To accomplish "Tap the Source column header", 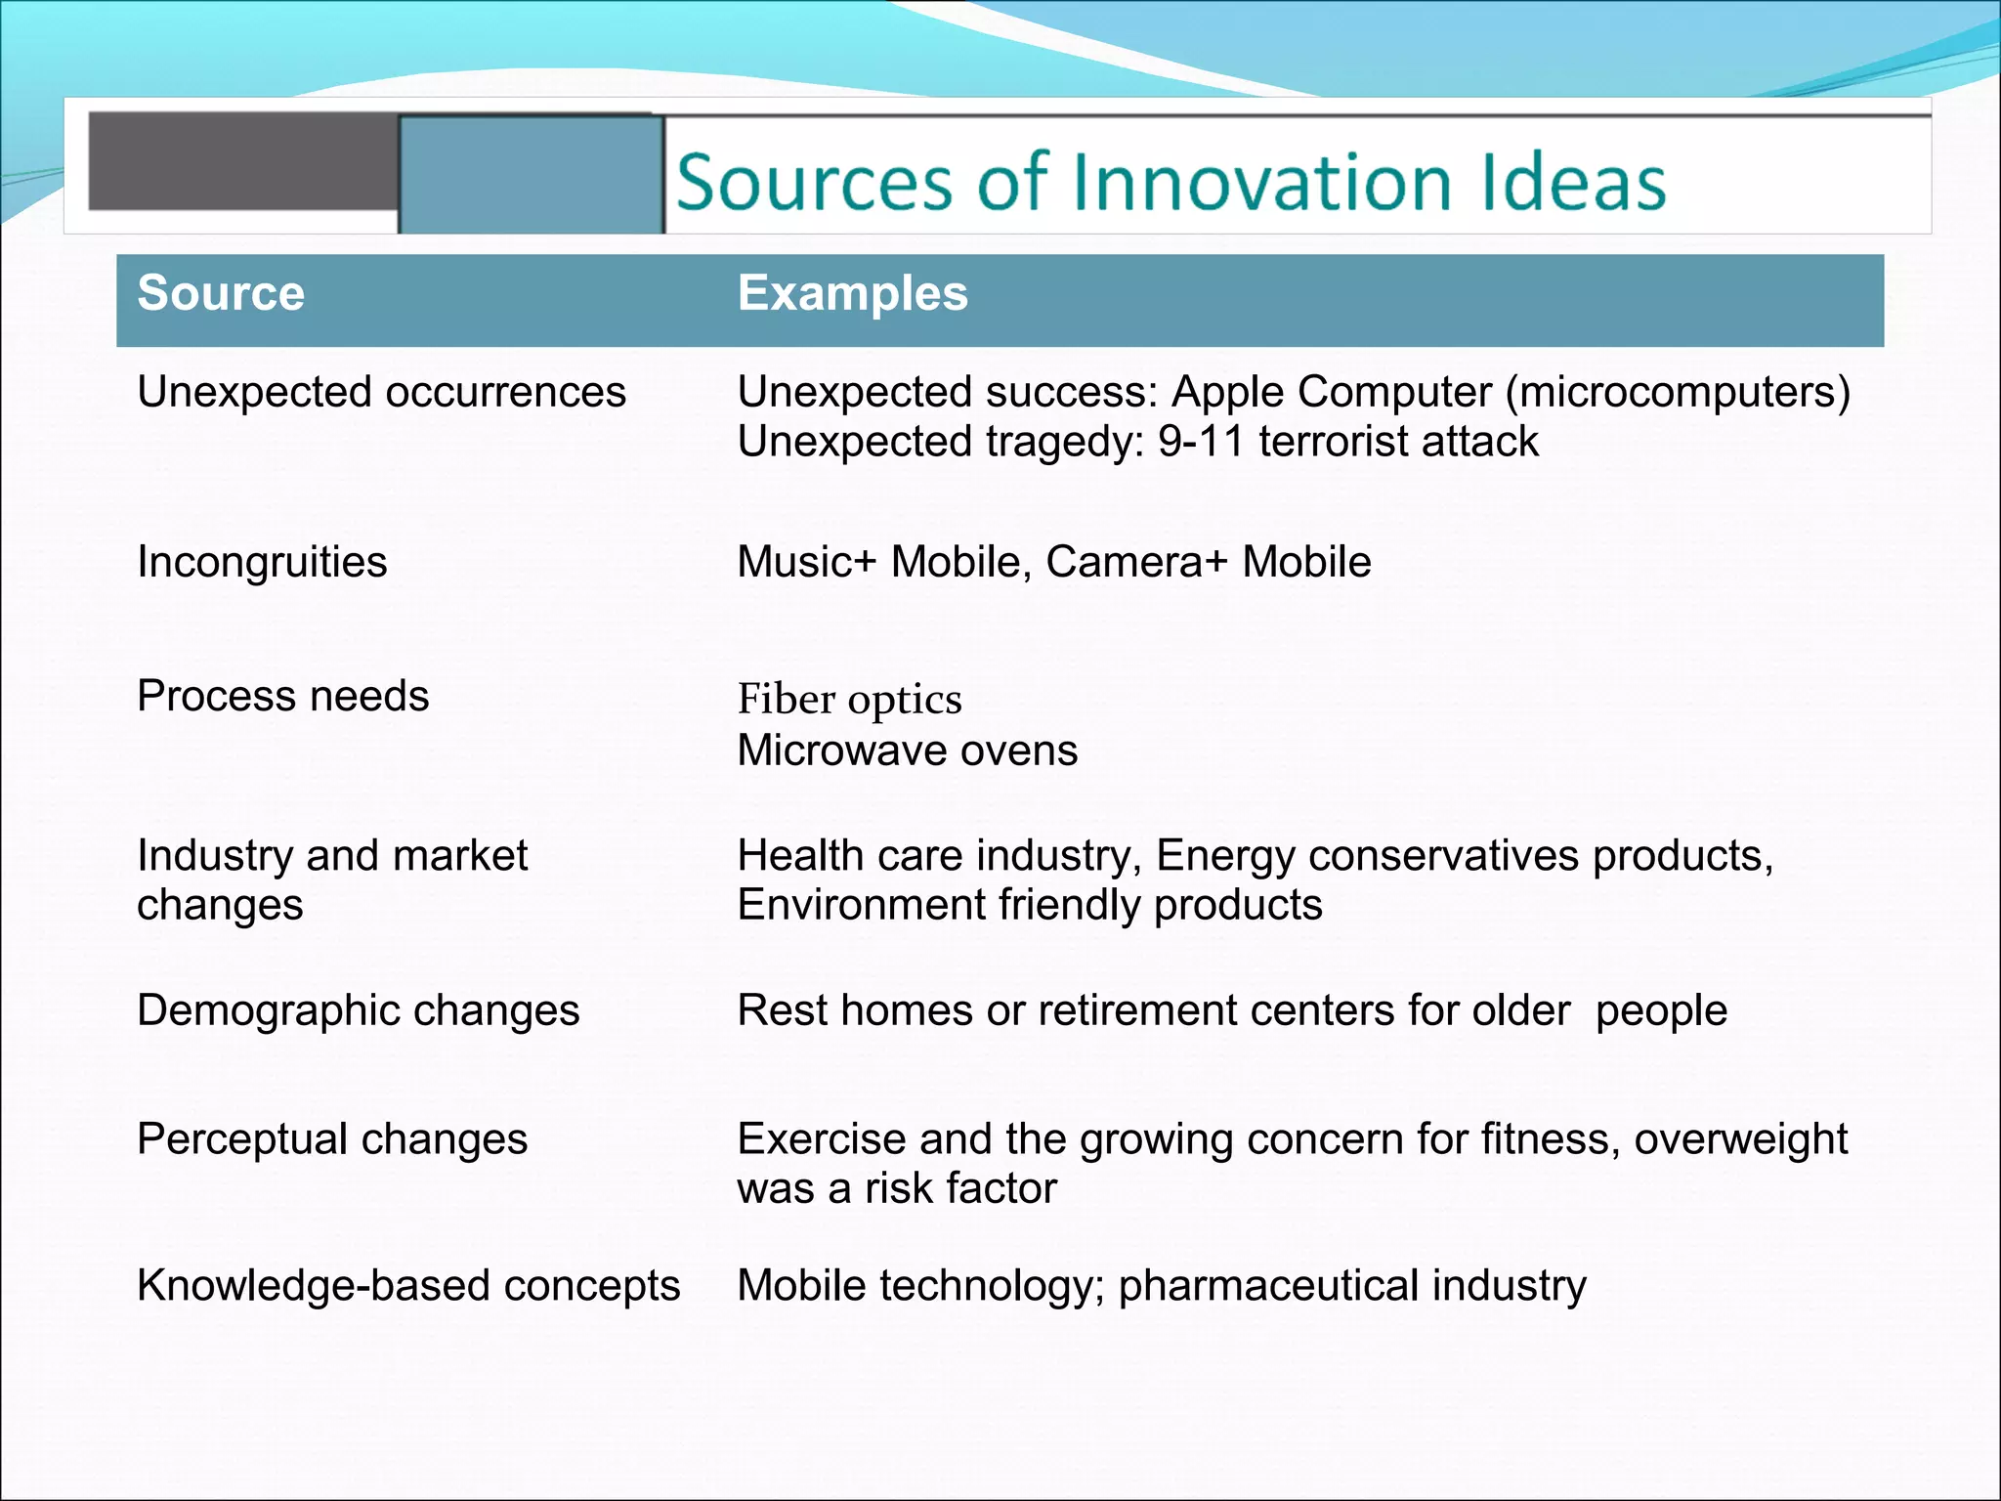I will click(x=221, y=293).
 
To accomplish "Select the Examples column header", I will click(x=852, y=293).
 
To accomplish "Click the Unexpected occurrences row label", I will click(x=381, y=393).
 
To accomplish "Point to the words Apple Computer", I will click(x=1331, y=393).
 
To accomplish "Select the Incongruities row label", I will click(x=262, y=563).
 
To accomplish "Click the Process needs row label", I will click(x=282, y=697).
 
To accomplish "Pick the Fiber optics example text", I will click(x=849, y=700).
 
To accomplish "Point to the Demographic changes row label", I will click(x=358, y=1011).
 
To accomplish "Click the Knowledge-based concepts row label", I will click(x=408, y=1286).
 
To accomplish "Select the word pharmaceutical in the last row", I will click(x=1268, y=1286).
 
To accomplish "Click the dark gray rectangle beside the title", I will click(x=242, y=161).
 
